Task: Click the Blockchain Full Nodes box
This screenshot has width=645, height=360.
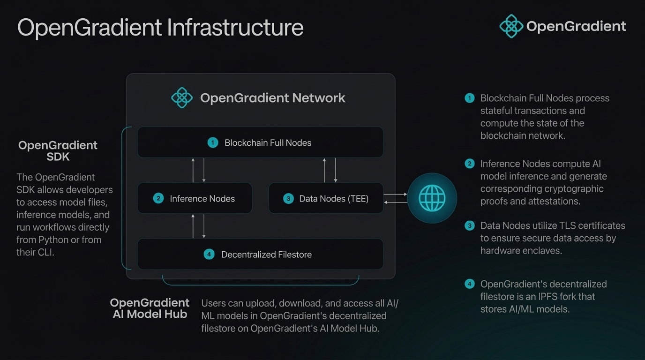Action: click(x=260, y=142)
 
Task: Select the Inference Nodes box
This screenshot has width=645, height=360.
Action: click(x=195, y=198)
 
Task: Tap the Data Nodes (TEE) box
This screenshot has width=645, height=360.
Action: click(x=326, y=198)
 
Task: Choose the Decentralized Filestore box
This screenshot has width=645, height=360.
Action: click(x=260, y=254)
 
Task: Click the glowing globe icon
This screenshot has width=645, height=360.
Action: click(x=432, y=198)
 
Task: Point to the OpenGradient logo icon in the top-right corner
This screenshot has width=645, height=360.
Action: click(x=511, y=26)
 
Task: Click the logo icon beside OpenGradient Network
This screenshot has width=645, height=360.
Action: click(x=182, y=97)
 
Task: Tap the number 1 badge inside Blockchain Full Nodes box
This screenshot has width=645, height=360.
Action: click(x=213, y=142)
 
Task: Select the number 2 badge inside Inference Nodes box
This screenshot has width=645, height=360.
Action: click(x=158, y=198)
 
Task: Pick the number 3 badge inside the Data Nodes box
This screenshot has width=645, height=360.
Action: click(x=288, y=198)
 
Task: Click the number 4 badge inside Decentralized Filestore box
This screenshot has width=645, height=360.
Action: click(x=209, y=255)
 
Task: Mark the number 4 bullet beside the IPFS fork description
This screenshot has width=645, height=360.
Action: click(x=470, y=284)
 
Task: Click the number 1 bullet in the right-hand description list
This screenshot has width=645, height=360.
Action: click(x=470, y=98)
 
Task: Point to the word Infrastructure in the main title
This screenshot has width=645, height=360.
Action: click(x=235, y=28)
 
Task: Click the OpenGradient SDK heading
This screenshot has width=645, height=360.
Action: click(x=58, y=151)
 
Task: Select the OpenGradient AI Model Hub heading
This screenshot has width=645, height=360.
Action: click(x=150, y=308)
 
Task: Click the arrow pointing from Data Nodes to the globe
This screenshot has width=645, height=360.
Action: click(x=395, y=194)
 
